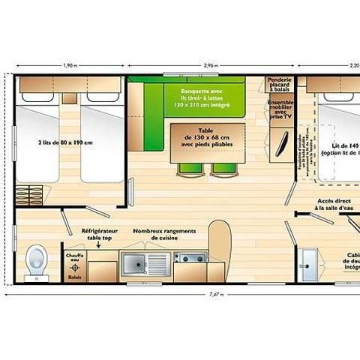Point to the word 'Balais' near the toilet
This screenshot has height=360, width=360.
pos(74,276)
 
